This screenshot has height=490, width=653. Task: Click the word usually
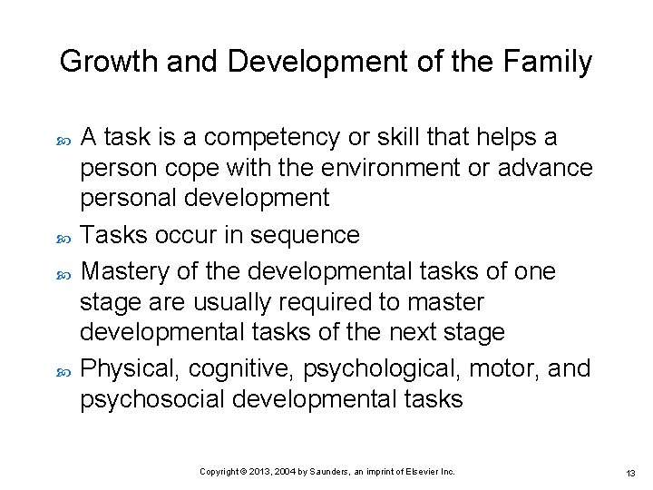[x=224, y=302]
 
